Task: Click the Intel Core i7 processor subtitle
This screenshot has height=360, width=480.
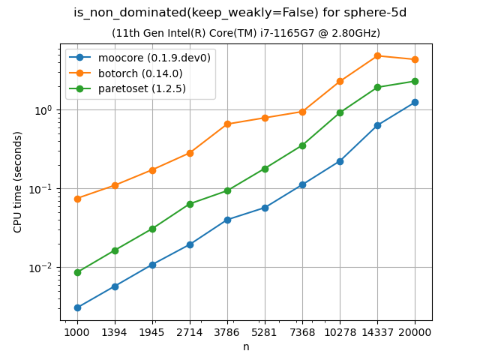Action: (x=246, y=33)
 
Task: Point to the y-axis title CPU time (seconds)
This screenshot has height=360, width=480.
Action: (x=18, y=181)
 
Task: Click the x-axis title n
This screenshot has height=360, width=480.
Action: (x=246, y=346)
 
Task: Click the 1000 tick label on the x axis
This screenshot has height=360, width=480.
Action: (x=77, y=331)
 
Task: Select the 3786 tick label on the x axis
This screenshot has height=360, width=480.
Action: (x=227, y=331)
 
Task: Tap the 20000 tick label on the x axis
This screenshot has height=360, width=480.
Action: (x=415, y=331)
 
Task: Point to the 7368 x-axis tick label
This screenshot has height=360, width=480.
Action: (x=302, y=331)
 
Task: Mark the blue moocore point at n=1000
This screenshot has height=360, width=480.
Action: (x=77, y=307)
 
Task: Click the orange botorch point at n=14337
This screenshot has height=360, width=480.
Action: (x=377, y=56)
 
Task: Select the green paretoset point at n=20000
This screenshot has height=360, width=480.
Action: (x=415, y=81)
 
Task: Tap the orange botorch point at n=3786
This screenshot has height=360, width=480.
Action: (x=227, y=124)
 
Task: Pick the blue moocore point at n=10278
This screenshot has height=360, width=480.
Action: (x=340, y=161)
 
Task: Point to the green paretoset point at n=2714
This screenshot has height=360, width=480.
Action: (x=190, y=204)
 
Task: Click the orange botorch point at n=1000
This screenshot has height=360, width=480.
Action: (x=77, y=199)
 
